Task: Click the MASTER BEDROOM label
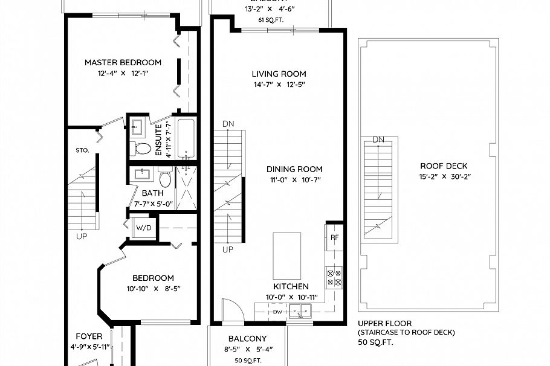click(123, 62)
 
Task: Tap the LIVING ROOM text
click(279, 74)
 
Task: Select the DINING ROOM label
click(296, 169)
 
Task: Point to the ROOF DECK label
click(444, 166)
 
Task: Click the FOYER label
click(88, 336)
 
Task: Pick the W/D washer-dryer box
click(143, 228)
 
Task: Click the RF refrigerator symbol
click(334, 237)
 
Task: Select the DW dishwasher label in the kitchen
click(277, 312)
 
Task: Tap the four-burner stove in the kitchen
click(334, 277)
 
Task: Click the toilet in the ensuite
click(143, 148)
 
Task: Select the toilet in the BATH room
click(165, 178)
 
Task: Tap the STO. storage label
click(82, 150)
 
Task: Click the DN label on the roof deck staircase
click(378, 140)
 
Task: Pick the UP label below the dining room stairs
click(228, 249)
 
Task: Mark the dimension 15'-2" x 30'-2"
click(444, 177)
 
